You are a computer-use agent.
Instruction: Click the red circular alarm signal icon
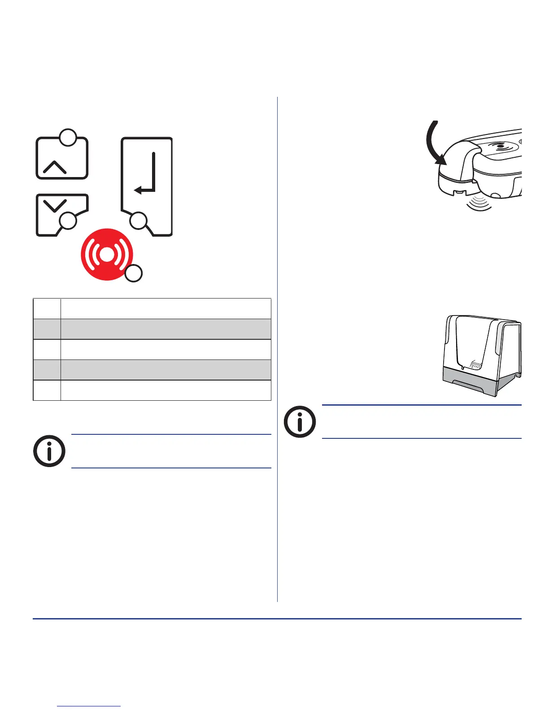pos(106,254)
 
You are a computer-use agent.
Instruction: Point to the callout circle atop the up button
pos(68,138)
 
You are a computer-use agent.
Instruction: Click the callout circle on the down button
pos(68,221)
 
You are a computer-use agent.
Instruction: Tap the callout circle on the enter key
pos(139,221)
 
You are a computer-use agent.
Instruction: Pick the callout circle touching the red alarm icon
pos(133,273)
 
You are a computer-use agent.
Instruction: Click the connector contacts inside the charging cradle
pos(475,365)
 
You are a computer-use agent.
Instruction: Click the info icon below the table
pos(49,451)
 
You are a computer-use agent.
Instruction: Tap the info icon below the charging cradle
pos(300,422)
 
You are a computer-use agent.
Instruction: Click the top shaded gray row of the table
pos(152,329)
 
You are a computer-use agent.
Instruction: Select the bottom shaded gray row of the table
pos(152,370)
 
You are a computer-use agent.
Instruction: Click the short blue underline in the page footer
pos(89,706)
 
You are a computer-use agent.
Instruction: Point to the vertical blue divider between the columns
pos(278,350)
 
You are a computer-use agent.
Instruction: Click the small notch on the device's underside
pos(458,193)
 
